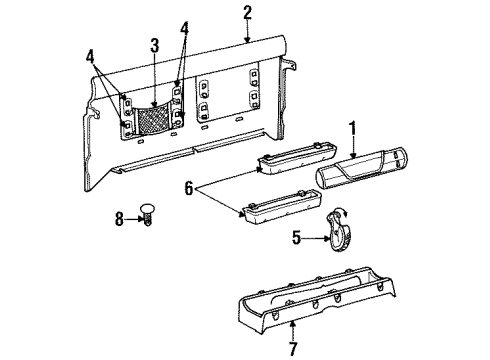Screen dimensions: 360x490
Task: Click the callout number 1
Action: pos(353,129)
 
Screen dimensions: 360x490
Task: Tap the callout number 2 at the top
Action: pos(247,13)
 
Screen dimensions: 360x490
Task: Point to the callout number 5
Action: pos(297,238)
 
